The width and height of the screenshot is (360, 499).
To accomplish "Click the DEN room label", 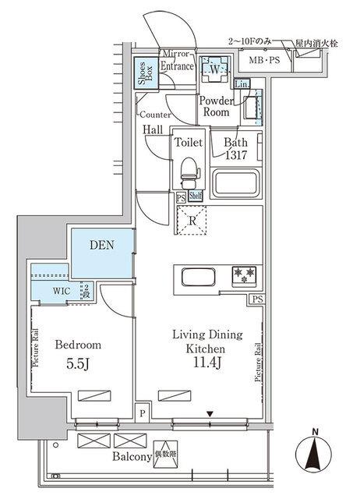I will tap(101, 245).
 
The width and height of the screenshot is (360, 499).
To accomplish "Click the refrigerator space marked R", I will tap(191, 218).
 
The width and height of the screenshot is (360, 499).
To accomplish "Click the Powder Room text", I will tap(215, 107).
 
